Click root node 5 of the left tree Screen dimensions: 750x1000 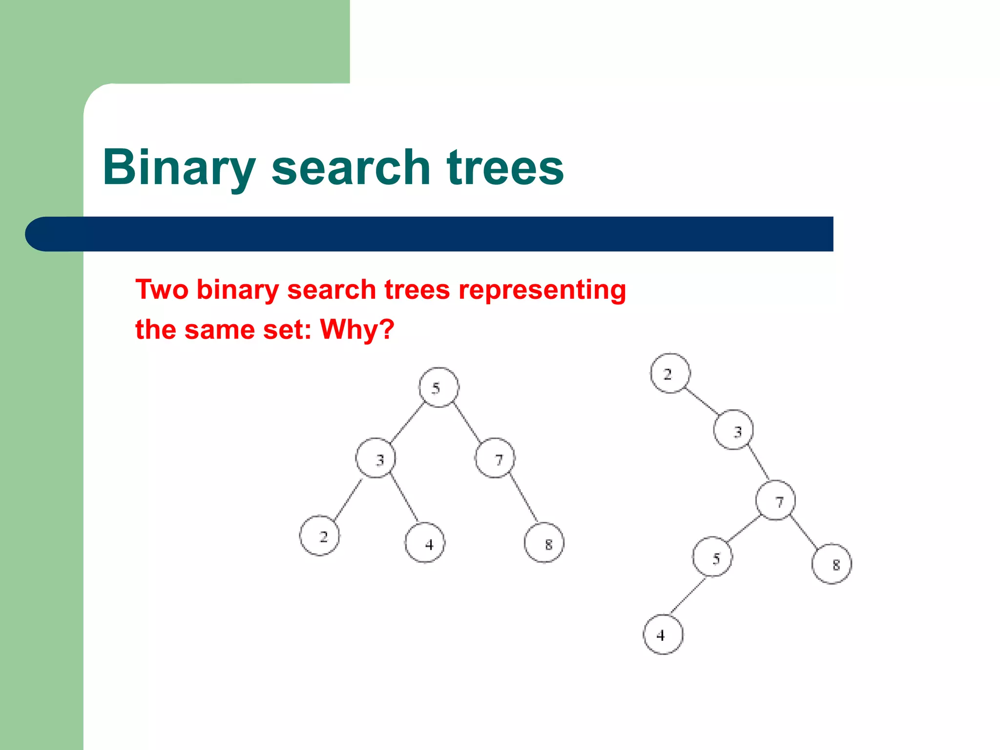pyautogui.click(x=438, y=387)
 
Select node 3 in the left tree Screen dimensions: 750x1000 pyautogui.click(x=375, y=458)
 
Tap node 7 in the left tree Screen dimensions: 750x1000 pyautogui.click(x=495, y=458)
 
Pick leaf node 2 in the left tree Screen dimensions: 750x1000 pyautogui.click(x=320, y=536)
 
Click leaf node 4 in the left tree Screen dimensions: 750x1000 pyautogui.click(x=425, y=542)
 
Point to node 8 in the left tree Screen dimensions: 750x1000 pyautogui.click(x=544, y=542)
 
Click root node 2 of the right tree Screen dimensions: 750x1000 pyautogui.click(x=670, y=373)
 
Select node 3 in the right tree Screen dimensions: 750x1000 pyautogui.click(x=733, y=430)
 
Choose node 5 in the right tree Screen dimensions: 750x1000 pyautogui.click(x=712, y=557)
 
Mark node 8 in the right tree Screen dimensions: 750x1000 pyautogui.click(x=832, y=563)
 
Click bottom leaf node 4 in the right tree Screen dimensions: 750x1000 pyautogui.click(x=663, y=634)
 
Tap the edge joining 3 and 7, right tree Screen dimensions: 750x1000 pyautogui.click(x=759, y=463)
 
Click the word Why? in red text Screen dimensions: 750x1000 pyautogui.click(x=357, y=329)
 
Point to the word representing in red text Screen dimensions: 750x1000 pyautogui.click(x=542, y=290)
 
